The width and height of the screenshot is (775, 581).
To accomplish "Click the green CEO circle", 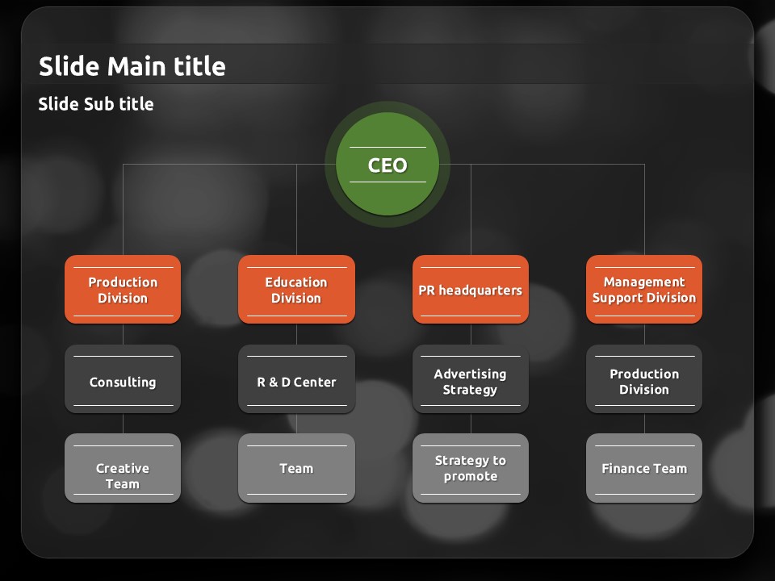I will click(387, 165).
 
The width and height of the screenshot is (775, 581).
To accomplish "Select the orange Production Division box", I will click(123, 290).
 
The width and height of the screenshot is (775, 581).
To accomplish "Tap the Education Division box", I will click(296, 290).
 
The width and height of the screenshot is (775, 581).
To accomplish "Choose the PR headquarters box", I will click(471, 290).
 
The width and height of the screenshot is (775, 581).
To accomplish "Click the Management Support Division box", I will click(644, 290).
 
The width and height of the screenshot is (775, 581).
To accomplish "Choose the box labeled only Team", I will click(296, 469).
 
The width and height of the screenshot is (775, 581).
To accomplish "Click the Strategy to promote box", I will click(471, 469).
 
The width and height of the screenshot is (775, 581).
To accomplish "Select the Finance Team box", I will click(644, 469).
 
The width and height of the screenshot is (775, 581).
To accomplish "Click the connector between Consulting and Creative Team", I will click(123, 424).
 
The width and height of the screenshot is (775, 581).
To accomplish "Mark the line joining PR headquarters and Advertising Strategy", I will click(471, 334).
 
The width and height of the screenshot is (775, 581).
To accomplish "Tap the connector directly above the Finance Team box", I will click(644, 424).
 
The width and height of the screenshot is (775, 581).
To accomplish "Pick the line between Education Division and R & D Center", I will click(296, 334).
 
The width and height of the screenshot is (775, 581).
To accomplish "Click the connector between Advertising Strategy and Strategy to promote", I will click(471, 424).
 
